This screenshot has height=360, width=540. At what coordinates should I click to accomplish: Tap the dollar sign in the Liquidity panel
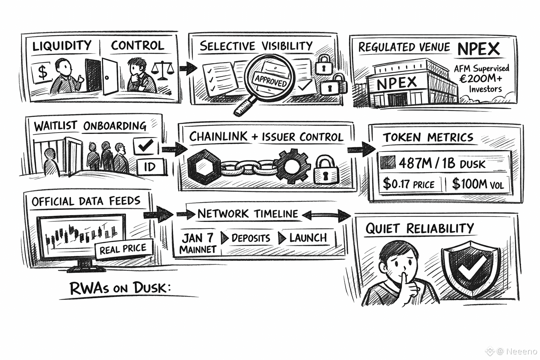click(43, 72)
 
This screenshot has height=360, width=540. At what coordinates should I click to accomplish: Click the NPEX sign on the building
click(397, 83)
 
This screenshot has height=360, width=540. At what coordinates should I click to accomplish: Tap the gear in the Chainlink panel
click(292, 165)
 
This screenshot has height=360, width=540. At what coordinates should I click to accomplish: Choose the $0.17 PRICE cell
click(409, 184)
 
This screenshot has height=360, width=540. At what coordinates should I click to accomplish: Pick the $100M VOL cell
click(478, 184)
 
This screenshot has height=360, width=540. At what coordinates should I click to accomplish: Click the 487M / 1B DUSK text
click(442, 163)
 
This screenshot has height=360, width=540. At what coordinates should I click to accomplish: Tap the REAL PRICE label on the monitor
click(123, 249)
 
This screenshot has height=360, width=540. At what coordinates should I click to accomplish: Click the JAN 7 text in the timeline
click(198, 238)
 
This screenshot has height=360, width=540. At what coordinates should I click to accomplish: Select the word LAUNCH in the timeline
click(308, 238)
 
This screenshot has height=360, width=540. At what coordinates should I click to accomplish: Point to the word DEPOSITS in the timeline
click(251, 238)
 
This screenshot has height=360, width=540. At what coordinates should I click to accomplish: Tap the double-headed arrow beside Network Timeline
click(326, 214)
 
